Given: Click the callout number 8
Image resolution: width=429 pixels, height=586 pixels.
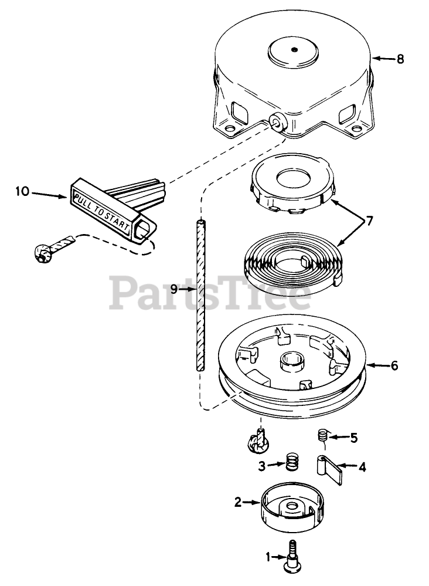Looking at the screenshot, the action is [400, 59].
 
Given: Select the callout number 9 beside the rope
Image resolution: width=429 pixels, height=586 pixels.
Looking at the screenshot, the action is [173, 289].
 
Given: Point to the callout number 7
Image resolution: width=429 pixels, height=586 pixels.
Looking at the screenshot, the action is [370, 222].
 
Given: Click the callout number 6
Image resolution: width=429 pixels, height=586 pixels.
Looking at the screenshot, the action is [394, 365].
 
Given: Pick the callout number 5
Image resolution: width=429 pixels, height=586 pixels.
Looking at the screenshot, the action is [353, 437].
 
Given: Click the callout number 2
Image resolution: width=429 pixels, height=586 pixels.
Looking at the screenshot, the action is [238, 502].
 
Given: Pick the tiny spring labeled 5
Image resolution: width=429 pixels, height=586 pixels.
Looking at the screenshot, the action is [321, 435].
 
